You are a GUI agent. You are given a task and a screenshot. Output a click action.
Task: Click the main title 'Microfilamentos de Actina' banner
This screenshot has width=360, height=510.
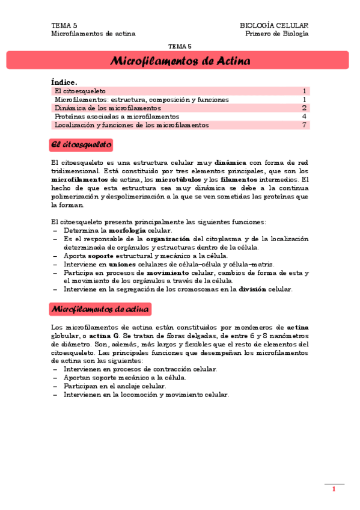coord(180,61)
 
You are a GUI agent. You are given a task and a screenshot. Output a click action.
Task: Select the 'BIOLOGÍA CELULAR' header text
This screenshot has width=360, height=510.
coord(274,25)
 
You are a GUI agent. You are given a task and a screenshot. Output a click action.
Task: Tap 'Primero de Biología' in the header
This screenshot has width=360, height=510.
coord(277,34)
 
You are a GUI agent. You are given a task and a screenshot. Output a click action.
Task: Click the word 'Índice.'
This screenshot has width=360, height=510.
coord(65,82)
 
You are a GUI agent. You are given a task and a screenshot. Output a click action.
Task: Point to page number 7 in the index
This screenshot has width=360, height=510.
coord(305,125)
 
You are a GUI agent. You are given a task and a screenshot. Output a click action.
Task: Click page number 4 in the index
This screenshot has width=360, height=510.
coord(305,117)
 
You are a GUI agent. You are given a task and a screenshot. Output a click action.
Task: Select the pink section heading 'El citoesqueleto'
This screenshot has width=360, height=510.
coord(82,145)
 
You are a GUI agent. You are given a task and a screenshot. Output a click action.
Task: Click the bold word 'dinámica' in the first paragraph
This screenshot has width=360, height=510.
coord(230,162)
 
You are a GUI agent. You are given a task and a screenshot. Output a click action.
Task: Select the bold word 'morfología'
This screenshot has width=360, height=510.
coord(127,230)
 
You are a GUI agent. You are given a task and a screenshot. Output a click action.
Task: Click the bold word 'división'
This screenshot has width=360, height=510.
coord(252,289)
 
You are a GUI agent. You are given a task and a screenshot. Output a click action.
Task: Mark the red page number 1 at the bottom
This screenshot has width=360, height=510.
coord(334,490)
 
